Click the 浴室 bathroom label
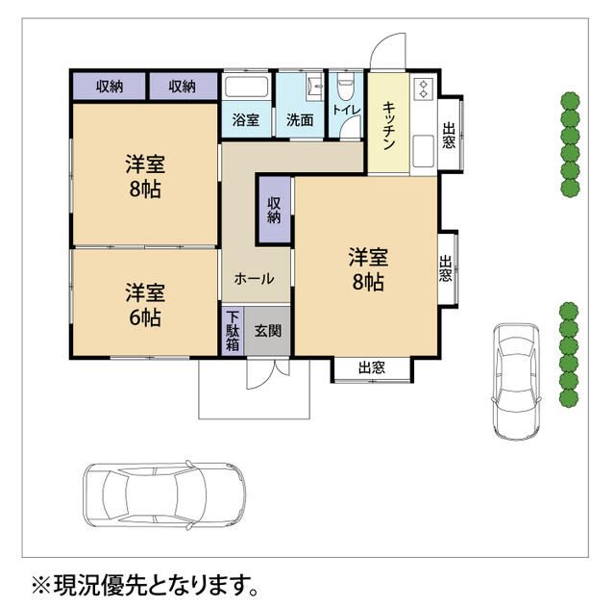click(x=246, y=120)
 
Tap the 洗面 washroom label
click(x=300, y=120)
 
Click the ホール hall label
click(x=255, y=279)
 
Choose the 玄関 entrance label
click(x=268, y=331)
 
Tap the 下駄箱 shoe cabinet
click(x=233, y=332)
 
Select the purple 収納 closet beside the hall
click(x=274, y=210)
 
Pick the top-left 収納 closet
click(x=110, y=86)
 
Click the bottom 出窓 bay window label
click(x=372, y=367)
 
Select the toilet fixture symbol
click(x=347, y=89)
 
